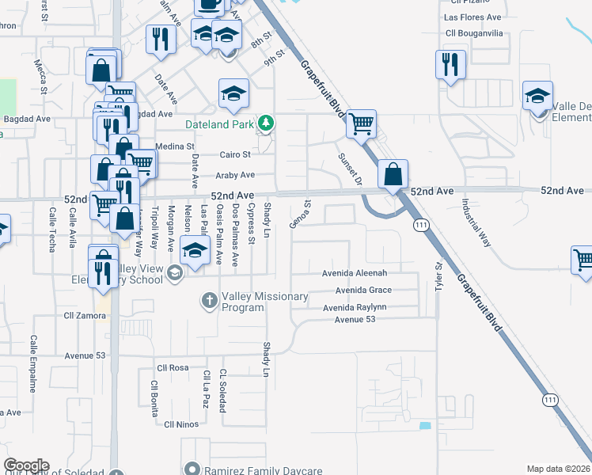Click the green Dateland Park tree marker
268,123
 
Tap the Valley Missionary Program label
264,302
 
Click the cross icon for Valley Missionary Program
209,300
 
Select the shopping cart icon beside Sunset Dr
361,123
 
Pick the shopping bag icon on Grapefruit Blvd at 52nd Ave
393,173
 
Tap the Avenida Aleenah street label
354,273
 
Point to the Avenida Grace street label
363,290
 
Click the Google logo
26,465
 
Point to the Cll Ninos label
180,424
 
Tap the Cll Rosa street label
173,368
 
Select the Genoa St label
300,213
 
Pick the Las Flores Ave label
472,17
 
